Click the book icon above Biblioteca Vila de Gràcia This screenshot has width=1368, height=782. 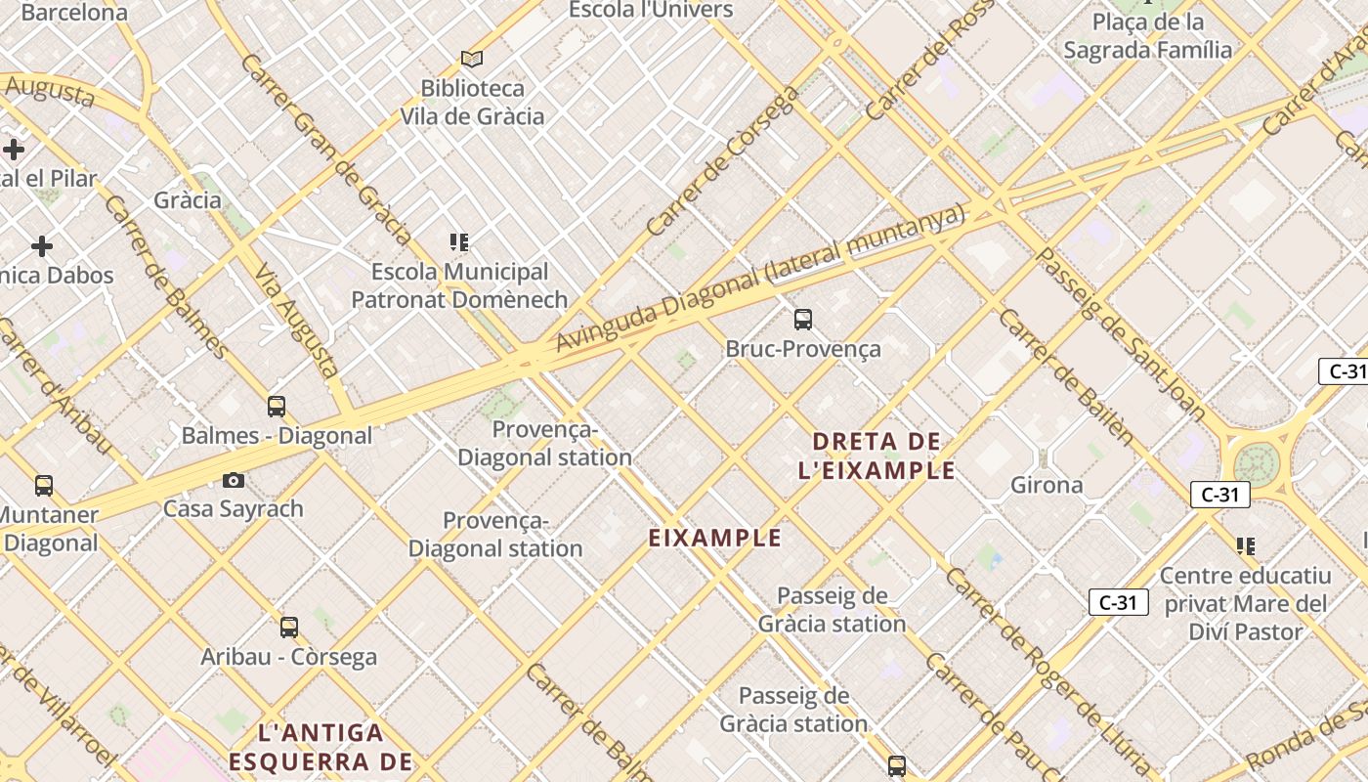(x=472, y=59)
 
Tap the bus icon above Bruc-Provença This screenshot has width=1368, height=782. (x=803, y=319)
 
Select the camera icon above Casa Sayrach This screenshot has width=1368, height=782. (x=233, y=480)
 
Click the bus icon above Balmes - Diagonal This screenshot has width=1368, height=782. (x=277, y=406)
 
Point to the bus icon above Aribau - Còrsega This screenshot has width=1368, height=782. (x=288, y=627)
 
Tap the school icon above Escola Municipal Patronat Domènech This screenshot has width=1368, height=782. (x=459, y=241)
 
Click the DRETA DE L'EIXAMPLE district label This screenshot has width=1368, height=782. (x=876, y=456)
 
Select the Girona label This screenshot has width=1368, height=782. (x=1047, y=485)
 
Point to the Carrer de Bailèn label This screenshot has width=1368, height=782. (x=1066, y=377)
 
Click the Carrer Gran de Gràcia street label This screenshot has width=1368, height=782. (x=325, y=148)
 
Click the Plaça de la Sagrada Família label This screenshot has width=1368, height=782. (x=1147, y=36)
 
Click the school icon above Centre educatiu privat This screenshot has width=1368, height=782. (x=1245, y=545)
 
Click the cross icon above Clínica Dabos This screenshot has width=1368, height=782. (x=41, y=245)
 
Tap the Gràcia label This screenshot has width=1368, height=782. (x=188, y=200)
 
